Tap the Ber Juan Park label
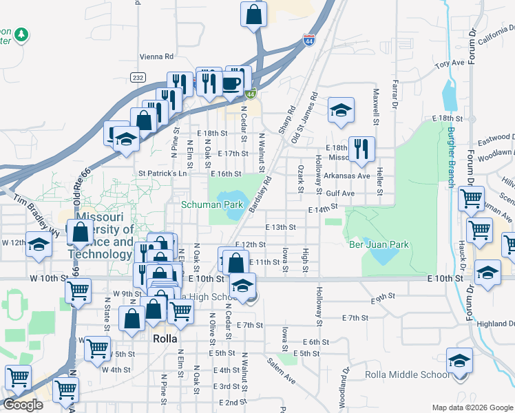(379, 244)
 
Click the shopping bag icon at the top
(253, 14)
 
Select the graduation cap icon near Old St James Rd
(340, 110)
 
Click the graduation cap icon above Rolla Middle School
(459, 361)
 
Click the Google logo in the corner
(23, 405)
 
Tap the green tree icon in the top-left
(21, 34)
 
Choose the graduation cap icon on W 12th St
(39, 244)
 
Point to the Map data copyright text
(472, 407)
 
